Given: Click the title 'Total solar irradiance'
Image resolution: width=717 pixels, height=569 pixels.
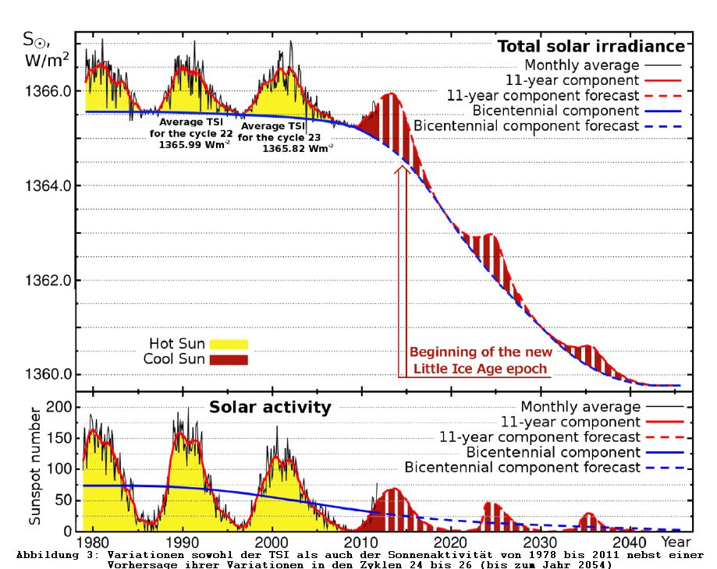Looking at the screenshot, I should click(x=591, y=46).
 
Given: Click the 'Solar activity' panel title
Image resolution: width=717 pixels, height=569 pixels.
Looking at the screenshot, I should click(x=269, y=407).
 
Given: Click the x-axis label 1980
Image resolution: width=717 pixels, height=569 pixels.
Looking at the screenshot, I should click(x=94, y=542).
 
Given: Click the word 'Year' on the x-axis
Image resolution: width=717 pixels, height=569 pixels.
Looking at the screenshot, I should click(x=676, y=542).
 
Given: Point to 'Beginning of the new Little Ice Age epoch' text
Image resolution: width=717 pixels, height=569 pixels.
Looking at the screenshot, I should click(x=480, y=359).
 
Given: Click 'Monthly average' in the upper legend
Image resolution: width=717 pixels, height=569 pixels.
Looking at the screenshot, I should click(x=581, y=65).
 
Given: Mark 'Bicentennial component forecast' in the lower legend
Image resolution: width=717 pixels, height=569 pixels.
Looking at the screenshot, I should click(x=522, y=467).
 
